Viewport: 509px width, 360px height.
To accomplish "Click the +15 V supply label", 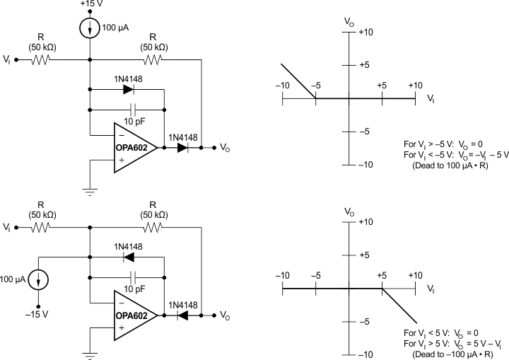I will (90, 5).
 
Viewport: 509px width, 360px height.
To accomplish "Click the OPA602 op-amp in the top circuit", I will (136, 147).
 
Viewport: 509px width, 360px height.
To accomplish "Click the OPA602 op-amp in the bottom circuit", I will (136, 315).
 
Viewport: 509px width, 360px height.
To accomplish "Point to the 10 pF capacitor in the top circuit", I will (132, 110).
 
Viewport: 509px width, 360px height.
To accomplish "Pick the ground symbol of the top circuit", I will (90, 190).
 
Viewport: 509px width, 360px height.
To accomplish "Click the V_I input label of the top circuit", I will (6, 60).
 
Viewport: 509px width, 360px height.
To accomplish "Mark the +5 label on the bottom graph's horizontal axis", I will (382, 275).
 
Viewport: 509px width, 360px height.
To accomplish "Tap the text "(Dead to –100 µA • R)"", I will (452, 350).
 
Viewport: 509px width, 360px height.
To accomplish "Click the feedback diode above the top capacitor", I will (128, 90).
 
